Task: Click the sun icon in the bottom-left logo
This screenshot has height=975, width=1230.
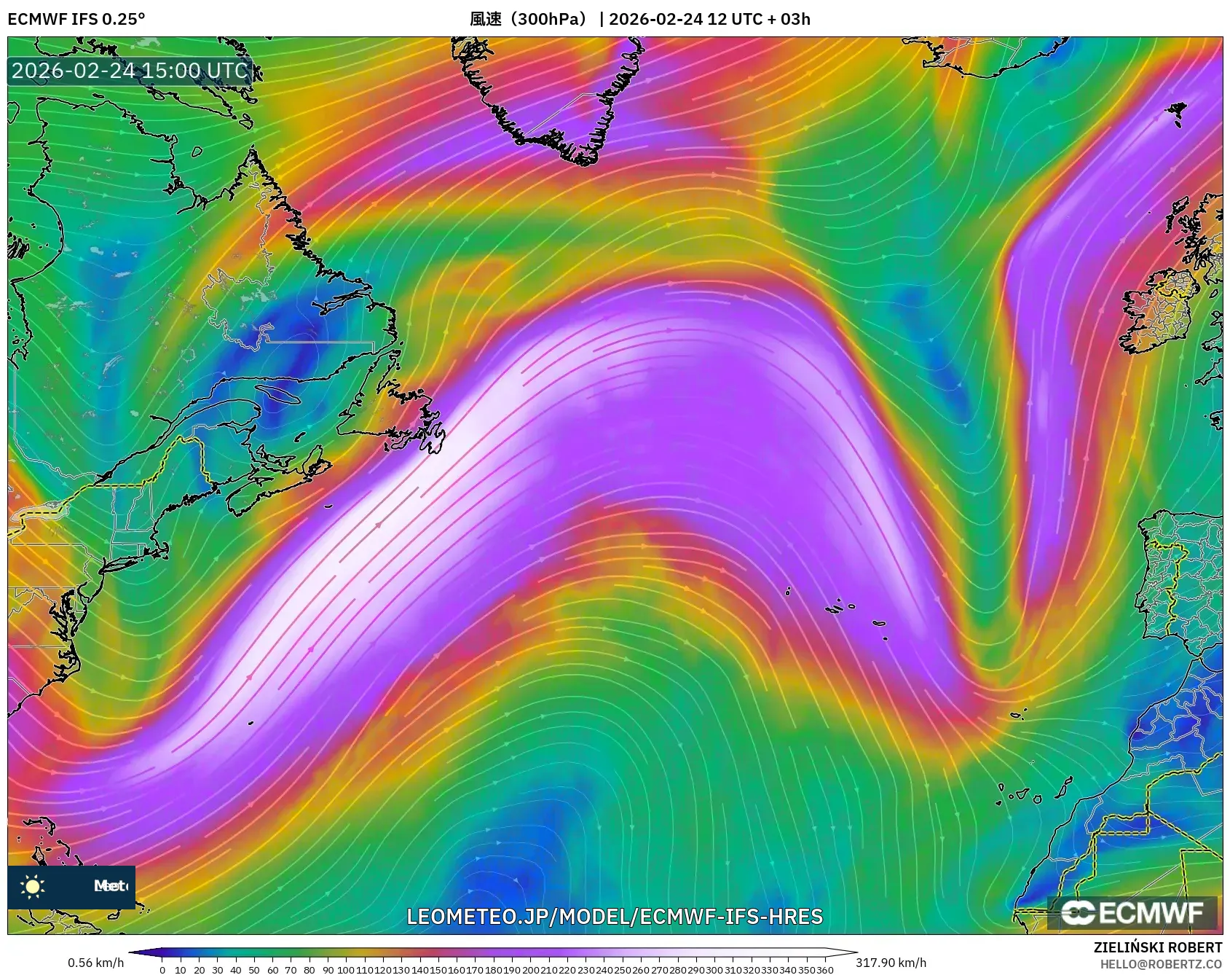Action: point(33,886)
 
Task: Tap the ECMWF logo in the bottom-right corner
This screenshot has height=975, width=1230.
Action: point(1132,912)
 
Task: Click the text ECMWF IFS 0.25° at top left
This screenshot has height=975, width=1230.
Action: point(76,19)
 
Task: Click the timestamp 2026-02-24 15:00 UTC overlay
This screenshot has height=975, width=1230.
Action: point(130,71)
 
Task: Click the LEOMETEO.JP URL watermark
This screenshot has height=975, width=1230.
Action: point(615,916)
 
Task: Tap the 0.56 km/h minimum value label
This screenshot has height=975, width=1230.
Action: point(95,963)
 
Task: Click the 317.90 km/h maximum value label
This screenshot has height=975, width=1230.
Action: point(891,963)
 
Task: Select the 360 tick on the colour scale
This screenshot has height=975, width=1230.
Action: point(825,970)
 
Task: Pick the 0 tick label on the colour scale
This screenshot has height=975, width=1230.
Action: point(162,970)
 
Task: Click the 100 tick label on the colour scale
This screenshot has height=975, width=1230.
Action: point(345,970)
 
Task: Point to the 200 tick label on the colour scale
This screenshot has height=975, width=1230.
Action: point(529,970)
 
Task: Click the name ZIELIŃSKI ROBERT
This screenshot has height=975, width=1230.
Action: point(1157,947)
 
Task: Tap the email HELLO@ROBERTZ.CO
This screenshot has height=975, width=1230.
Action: point(1161,964)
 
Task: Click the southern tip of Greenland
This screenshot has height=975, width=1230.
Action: point(583,157)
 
